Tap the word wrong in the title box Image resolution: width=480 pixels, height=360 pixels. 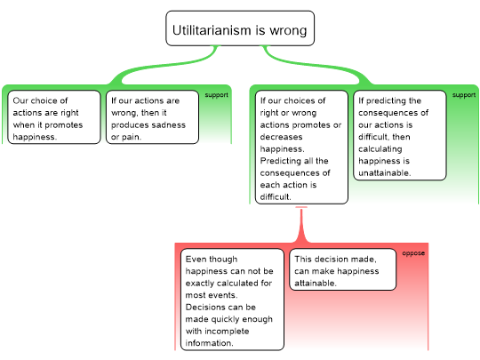click(288, 31)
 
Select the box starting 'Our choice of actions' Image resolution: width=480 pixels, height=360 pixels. click(54, 117)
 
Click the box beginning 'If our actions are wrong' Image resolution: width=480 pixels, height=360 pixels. click(153, 117)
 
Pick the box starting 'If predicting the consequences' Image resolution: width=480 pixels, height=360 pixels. click(400, 135)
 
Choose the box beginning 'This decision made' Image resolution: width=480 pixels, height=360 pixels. click(343, 269)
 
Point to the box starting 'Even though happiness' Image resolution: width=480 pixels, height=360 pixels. click(232, 300)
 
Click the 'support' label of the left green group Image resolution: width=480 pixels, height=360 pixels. click(216, 95)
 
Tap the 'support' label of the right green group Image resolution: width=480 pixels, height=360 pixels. click(464, 95)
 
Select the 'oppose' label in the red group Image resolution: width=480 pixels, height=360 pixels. click(413, 253)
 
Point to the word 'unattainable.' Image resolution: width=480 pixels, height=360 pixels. click(385, 173)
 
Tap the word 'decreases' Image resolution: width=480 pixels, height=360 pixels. click(281, 137)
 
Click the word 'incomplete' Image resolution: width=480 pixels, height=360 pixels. click(227, 332)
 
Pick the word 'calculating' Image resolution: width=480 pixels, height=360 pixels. click(380, 149)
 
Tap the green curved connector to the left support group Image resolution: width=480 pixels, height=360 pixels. click(165, 66)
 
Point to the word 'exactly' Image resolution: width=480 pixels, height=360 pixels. click(200, 284)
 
